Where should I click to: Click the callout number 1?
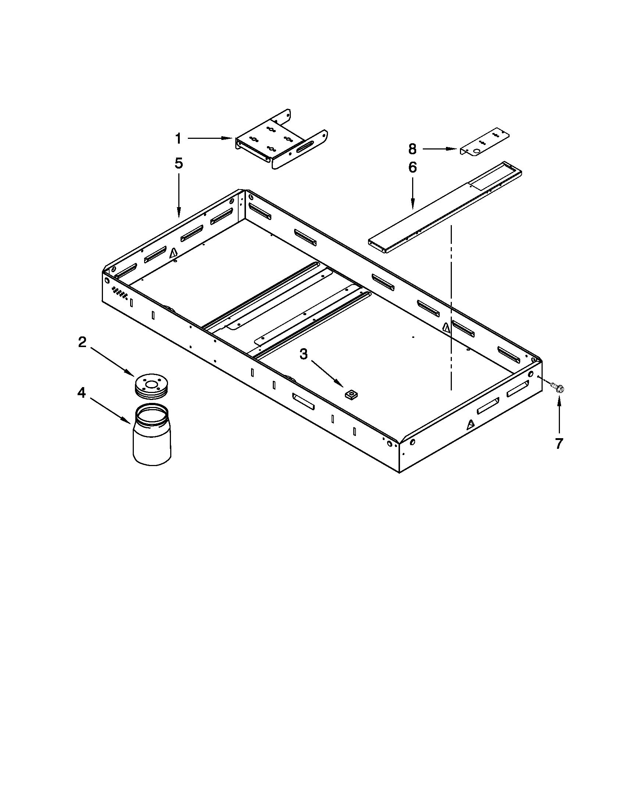pos(178,139)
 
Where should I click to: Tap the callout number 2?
pos(82,342)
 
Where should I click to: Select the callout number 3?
pos(303,354)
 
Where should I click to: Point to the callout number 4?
pos(82,393)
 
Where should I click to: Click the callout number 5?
pos(179,163)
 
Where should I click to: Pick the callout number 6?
pos(413,167)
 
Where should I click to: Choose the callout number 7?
pos(559,444)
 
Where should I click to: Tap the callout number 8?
pos(413,149)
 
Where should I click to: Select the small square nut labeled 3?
pos(349,395)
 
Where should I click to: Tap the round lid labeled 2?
pos(151,386)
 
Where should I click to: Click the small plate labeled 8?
pos(485,143)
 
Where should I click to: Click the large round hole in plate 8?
pos(477,151)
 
